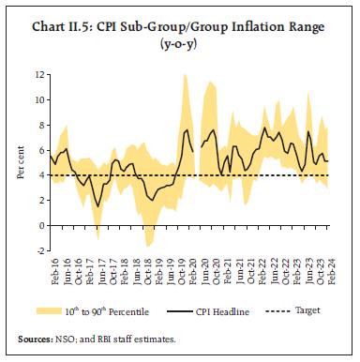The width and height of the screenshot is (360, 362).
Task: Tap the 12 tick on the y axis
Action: (38, 73)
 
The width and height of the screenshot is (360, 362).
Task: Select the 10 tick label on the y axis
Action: (38, 98)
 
